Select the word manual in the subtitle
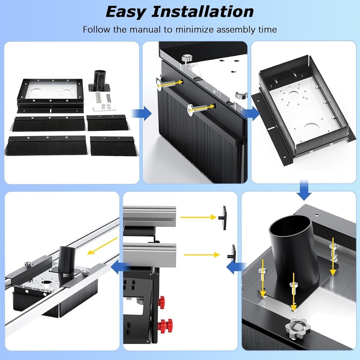click(x=149, y=29)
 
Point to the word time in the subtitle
click(x=266, y=29)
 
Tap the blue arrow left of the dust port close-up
click(x=235, y=267)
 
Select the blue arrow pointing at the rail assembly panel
click(x=120, y=267)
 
